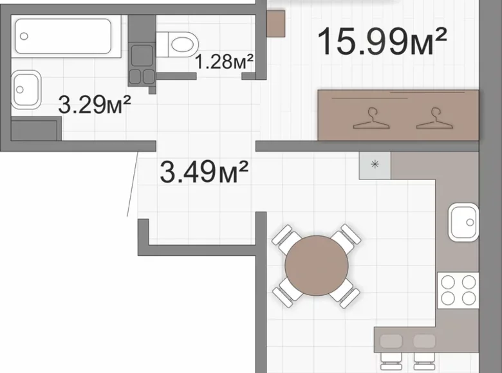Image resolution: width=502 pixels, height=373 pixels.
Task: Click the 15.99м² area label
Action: [382, 41]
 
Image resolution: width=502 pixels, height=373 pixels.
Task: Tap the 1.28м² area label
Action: [224, 62]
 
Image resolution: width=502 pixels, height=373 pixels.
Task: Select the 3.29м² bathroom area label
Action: [95, 104]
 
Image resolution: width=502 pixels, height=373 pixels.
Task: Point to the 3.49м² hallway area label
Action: [204, 172]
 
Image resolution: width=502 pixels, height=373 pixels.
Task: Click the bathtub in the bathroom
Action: [63, 36]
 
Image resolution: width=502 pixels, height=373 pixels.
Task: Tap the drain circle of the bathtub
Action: [24, 36]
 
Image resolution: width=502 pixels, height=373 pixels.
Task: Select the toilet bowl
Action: [178, 44]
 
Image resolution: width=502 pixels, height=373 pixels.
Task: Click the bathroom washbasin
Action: [26, 89]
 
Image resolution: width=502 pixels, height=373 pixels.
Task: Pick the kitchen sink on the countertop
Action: [463, 223]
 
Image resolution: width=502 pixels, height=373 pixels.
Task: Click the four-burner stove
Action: [458, 291]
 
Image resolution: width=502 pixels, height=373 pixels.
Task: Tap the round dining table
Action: [316, 266]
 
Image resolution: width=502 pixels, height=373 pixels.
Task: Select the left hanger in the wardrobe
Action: [371, 119]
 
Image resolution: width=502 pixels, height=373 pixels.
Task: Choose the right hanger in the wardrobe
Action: [434, 119]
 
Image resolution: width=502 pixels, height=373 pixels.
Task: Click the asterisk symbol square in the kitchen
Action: [375, 165]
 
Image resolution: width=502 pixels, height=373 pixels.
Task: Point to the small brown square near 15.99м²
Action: [276, 23]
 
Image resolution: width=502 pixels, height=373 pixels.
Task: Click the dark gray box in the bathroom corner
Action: [34, 129]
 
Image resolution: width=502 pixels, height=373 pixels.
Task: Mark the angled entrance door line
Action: [133, 184]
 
